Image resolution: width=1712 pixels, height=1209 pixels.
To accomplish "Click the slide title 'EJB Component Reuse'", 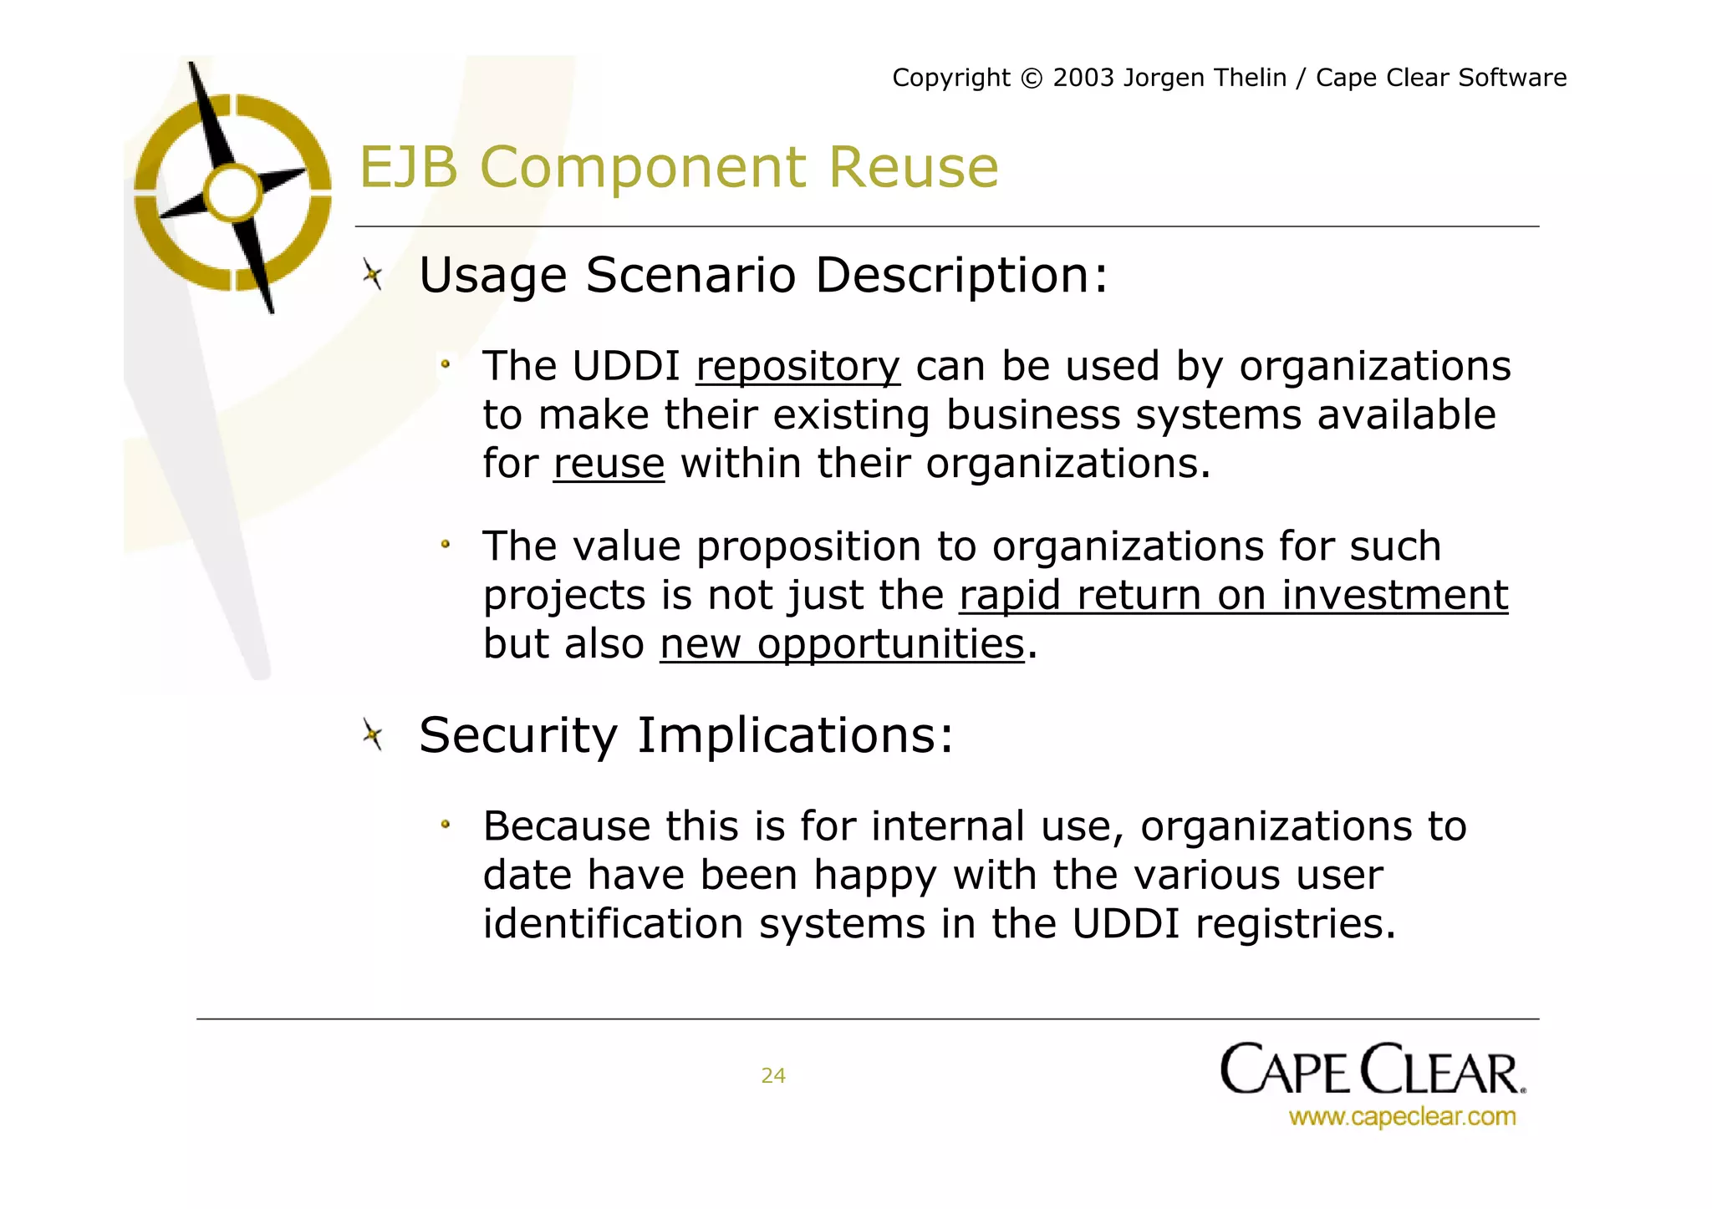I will coord(678,167).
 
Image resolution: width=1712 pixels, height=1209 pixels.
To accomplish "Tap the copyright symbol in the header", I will coord(1032,79).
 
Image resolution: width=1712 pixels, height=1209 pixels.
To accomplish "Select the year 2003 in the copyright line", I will coord(1083,78).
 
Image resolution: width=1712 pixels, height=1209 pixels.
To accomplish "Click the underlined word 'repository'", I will coord(797,368).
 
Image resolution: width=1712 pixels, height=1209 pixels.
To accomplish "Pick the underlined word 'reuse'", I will coord(609,465).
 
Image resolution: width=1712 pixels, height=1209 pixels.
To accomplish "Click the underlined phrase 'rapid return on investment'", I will coord(1233,596).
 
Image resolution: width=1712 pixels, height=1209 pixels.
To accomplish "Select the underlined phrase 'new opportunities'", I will coord(842,644).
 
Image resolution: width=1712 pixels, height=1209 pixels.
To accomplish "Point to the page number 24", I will coord(773,1076).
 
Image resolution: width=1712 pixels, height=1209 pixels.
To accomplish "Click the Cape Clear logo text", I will coord(1372,1070).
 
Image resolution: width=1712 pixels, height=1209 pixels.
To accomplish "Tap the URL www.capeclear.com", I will coord(1402,1117).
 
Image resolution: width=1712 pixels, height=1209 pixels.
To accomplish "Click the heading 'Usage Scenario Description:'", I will coord(763,275).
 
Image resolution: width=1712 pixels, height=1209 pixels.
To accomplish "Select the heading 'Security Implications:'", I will coord(685,735).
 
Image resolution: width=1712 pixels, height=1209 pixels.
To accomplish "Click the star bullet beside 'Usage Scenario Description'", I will coord(373,274).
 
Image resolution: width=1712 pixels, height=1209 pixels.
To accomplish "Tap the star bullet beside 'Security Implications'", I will coord(373,735).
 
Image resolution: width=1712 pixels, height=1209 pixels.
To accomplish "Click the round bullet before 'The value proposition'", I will coord(446,546).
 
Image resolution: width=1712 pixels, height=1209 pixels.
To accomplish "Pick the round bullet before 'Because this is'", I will coord(446,825).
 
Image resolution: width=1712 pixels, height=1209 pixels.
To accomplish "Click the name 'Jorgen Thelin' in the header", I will coord(1205,78).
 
